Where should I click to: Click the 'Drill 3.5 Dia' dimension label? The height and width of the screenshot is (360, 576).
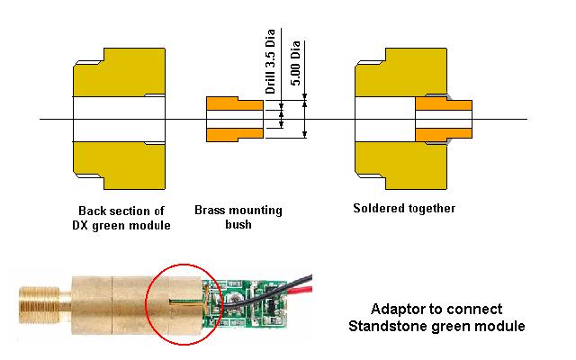[269, 64]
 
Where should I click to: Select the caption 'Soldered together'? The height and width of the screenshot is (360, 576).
[404, 208]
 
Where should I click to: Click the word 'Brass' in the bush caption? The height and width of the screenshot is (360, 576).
[211, 211]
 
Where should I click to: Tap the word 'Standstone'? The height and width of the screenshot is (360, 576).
[382, 325]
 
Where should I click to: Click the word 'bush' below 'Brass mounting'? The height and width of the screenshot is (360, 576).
[238, 225]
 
